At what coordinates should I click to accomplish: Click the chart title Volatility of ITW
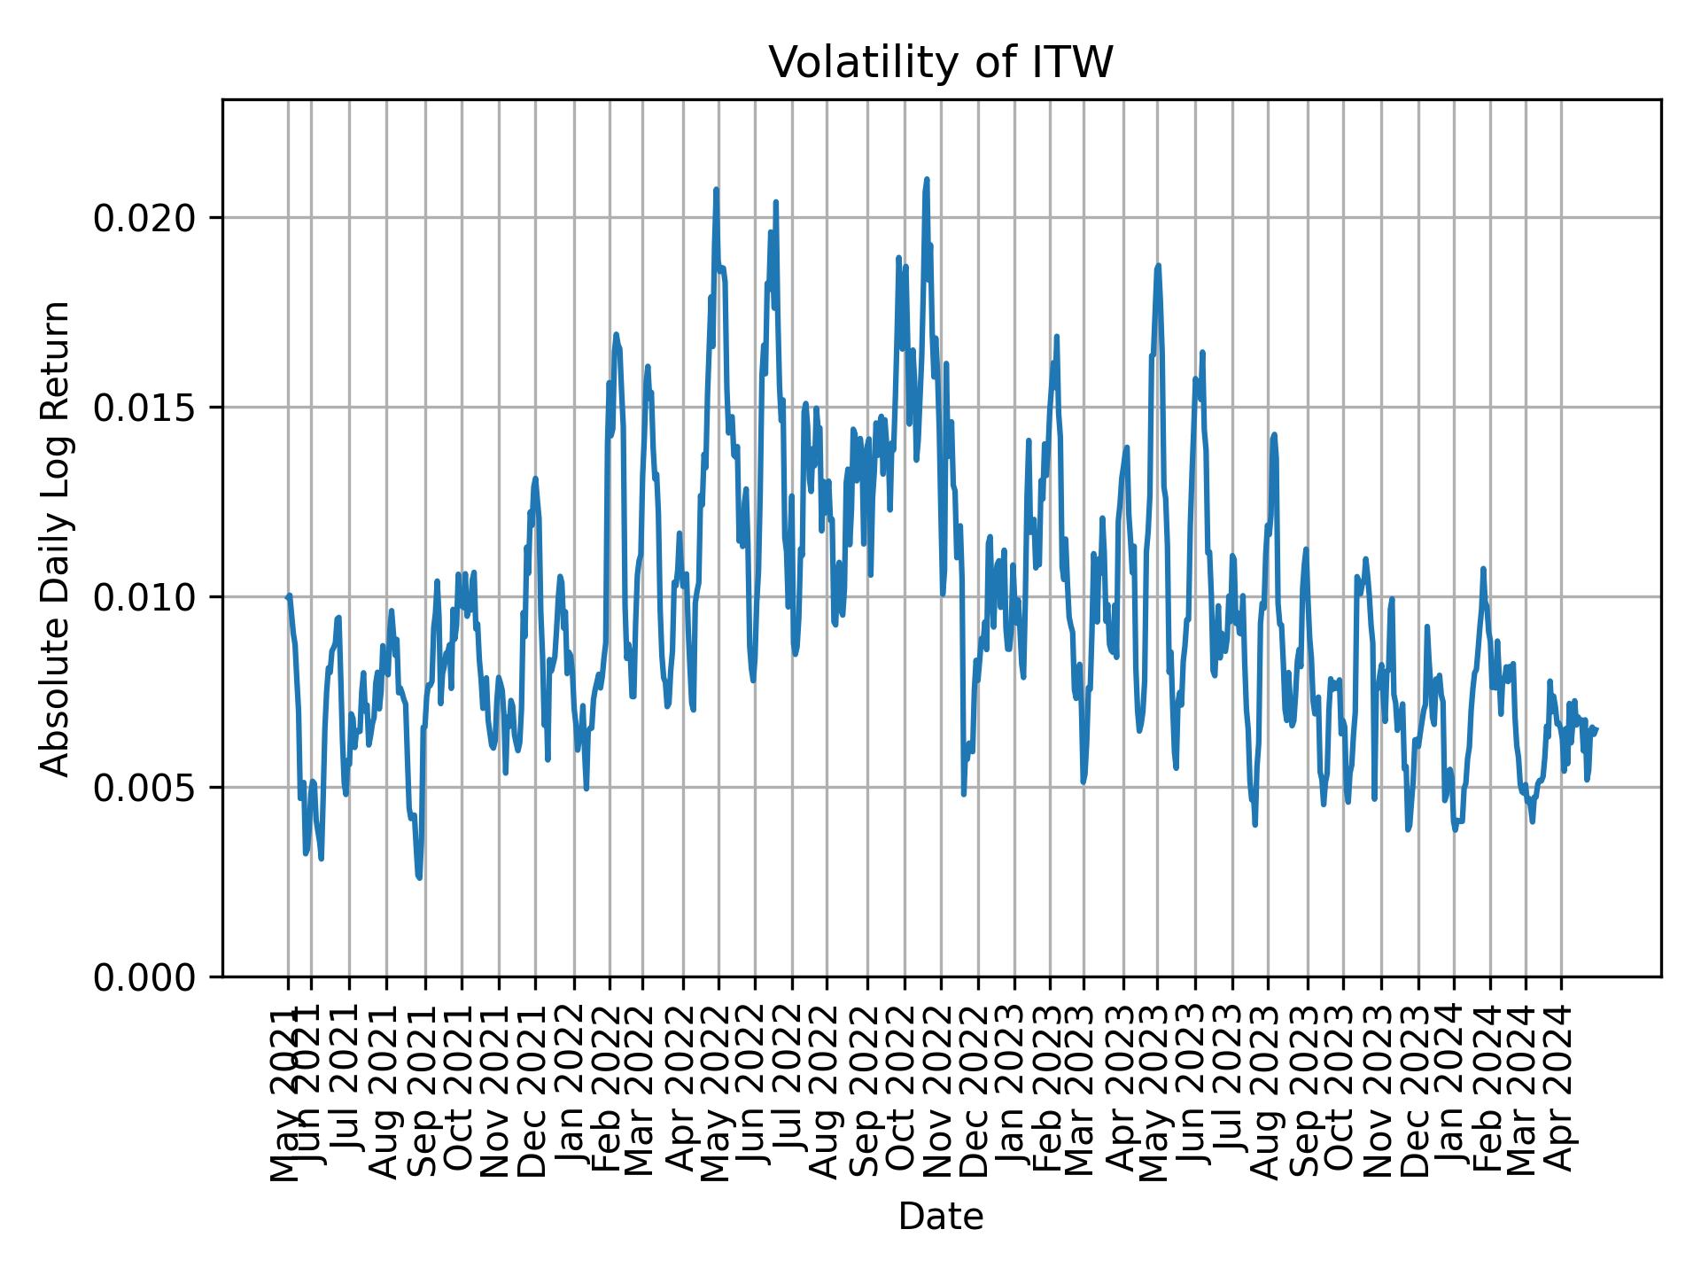[x=940, y=64]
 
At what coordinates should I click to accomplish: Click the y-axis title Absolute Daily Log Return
[x=57, y=538]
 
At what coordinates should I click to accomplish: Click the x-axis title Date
[x=940, y=1217]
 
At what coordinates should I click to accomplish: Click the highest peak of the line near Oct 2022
[x=926, y=180]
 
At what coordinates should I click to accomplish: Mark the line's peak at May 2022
[x=716, y=190]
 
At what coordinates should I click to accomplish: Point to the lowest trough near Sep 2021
[x=419, y=877]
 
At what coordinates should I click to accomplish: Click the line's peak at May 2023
[x=1157, y=265]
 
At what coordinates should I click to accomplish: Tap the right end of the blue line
[x=1596, y=728]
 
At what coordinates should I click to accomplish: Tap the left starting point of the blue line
[x=287, y=596]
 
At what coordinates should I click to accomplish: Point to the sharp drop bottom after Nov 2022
[x=964, y=793]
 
